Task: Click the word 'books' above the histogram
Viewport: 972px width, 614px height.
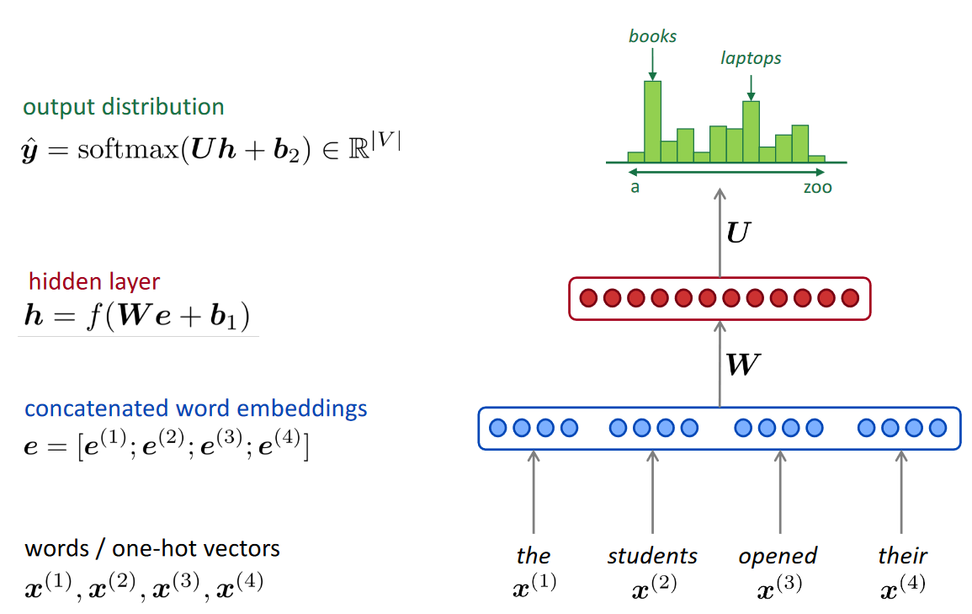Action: click(x=652, y=36)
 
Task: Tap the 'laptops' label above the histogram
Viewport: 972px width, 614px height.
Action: click(x=751, y=58)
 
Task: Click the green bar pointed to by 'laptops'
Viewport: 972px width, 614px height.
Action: click(x=751, y=131)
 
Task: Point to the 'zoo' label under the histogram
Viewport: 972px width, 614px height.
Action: click(x=816, y=187)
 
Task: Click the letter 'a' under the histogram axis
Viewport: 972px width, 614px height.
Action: click(x=635, y=187)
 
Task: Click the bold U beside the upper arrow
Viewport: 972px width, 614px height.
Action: click(x=736, y=233)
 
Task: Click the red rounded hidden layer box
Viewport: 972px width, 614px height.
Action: click(x=720, y=298)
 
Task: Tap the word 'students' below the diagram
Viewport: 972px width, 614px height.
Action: click(x=652, y=556)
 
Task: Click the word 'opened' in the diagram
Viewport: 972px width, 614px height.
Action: click(x=778, y=557)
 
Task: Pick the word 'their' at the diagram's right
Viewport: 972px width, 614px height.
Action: click(x=902, y=556)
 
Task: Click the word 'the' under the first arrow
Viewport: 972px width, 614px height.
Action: click(x=534, y=556)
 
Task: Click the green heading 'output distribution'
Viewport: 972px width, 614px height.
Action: click(x=124, y=107)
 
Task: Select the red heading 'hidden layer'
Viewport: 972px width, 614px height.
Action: click(x=94, y=281)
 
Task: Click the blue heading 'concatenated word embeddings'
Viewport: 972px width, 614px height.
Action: click(x=196, y=408)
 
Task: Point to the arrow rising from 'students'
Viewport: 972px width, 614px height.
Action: click(x=652, y=493)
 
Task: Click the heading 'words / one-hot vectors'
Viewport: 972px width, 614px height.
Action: click(x=152, y=549)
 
